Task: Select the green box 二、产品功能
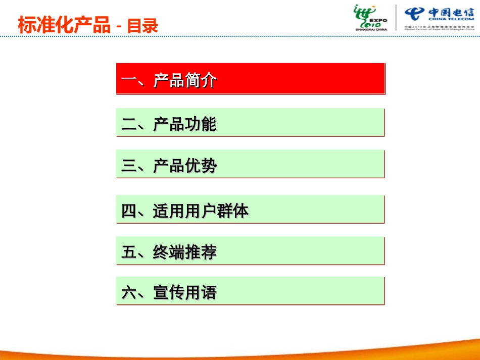point(250,122)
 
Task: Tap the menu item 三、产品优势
point(250,164)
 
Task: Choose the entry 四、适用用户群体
point(250,210)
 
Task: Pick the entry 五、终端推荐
point(250,251)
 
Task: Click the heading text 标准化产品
point(64,25)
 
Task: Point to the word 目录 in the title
point(142,25)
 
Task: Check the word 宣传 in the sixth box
point(169,292)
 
